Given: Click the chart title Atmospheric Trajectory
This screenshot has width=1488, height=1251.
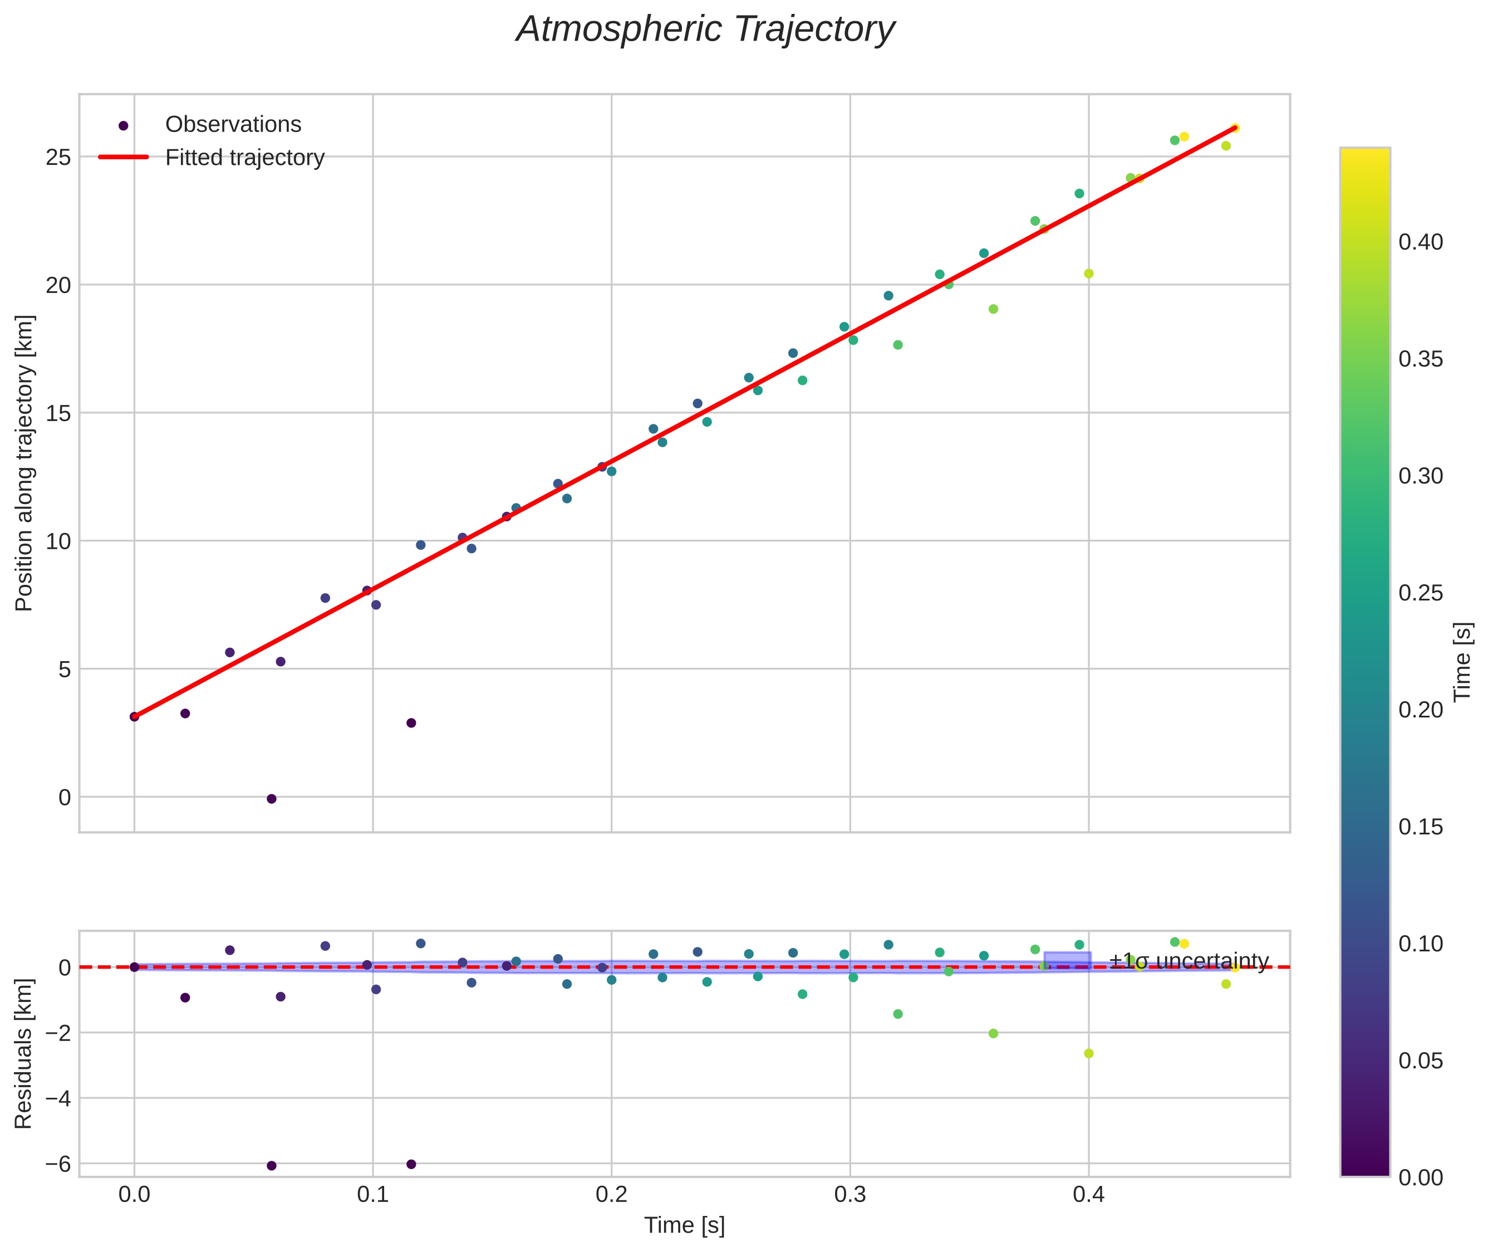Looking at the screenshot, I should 705,30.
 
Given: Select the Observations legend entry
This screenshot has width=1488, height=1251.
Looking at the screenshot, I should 233,125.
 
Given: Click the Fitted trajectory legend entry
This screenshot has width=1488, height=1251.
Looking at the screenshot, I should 244,158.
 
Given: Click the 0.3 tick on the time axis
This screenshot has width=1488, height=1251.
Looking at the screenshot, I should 849,1195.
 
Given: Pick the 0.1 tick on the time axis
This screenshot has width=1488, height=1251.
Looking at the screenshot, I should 372,1195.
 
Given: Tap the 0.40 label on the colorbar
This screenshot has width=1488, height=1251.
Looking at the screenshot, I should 1421,242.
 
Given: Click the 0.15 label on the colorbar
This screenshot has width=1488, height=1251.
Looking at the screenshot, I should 1421,827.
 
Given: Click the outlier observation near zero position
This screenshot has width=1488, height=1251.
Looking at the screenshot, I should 272,799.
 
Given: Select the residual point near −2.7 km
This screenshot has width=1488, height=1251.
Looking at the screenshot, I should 1089,1054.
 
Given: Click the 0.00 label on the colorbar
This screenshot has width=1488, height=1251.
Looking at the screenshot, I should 1421,1178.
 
